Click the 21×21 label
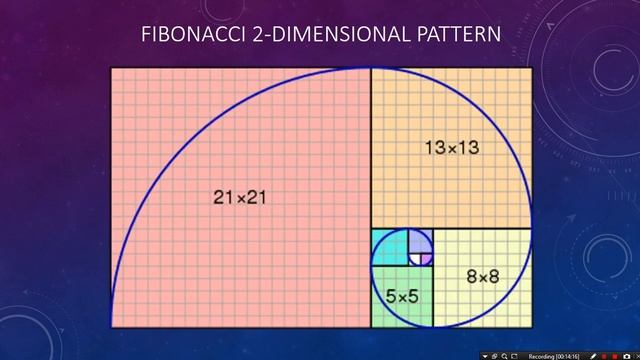(x=240, y=197)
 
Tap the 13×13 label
(x=451, y=148)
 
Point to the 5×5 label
(x=402, y=296)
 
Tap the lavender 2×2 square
(x=421, y=240)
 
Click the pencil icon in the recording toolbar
(x=594, y=354)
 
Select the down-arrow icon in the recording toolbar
(x=484, y=354)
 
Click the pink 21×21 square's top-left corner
(x=110, y=68)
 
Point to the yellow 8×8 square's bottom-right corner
(x=531, y=327)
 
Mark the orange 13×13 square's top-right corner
(x=531, y=68)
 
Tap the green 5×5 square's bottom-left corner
(x=371, y=327)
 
